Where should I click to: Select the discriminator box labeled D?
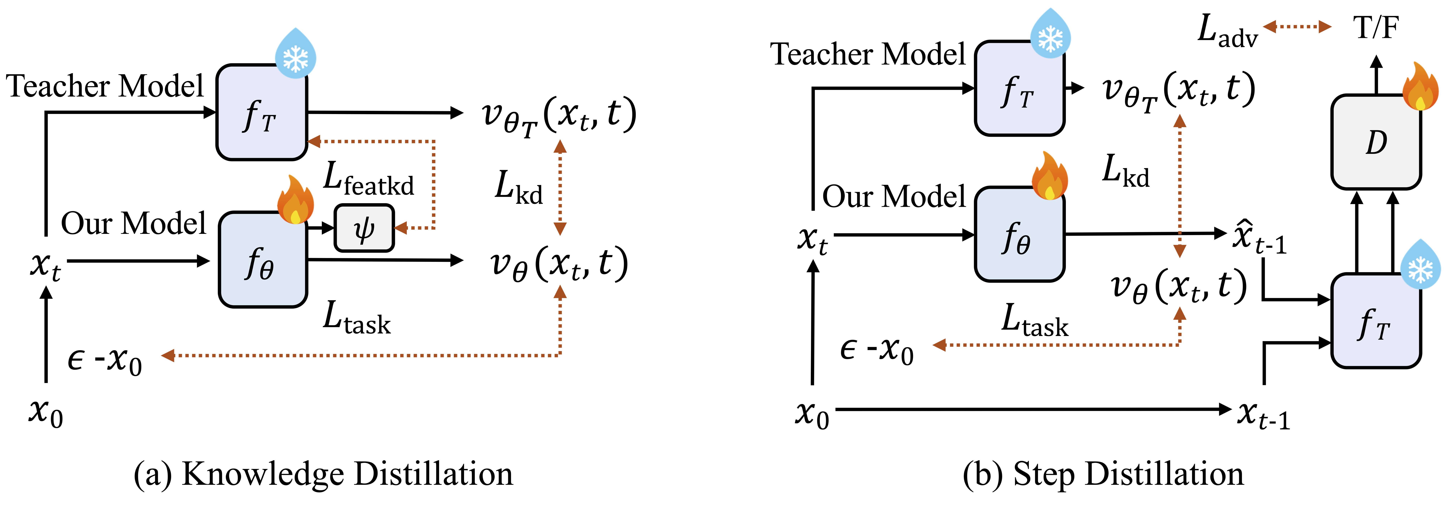tap(1376, 142)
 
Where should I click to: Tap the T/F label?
tap(1376, 27)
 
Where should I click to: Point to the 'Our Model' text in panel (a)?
tap(133, 223)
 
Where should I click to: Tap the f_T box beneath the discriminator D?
tap(1376, 321)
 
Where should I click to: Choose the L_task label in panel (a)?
tap(356, 318)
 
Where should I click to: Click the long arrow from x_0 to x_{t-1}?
tap(1031, 410)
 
